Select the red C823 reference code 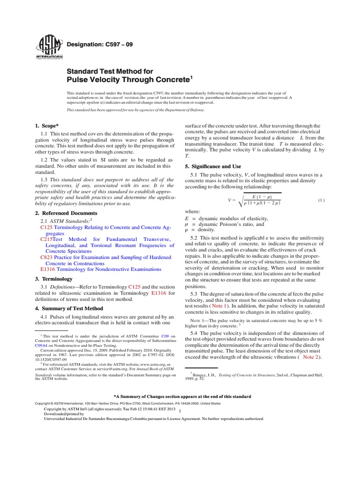[x=47, y=257]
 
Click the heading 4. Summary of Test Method [x=69, y=308]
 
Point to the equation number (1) [x=322, y=200]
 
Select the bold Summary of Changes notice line [x=180, y=396]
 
